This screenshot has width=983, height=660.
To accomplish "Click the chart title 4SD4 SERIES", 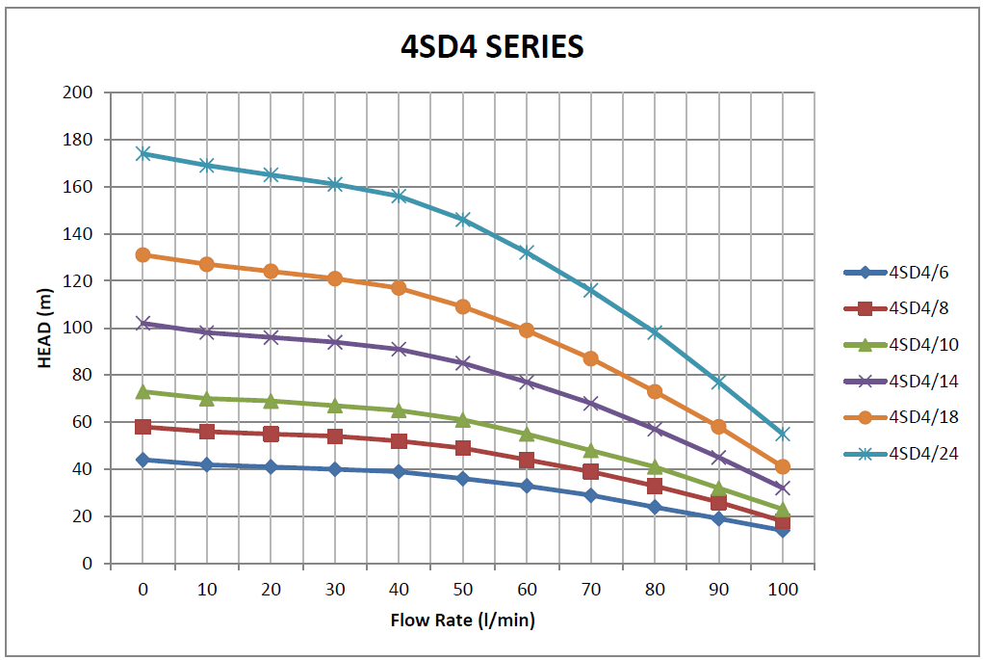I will [492, 46].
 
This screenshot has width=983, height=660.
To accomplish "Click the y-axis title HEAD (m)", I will [44, 327].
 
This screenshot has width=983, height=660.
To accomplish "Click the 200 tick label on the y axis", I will [79, 92].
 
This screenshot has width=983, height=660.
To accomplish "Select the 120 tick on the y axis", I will [79, 281].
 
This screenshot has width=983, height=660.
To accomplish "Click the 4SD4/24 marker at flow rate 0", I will [142, 153].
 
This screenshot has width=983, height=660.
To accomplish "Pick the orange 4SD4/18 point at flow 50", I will [462, 306].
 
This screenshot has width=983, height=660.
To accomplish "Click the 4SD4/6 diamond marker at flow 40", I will [399, 471].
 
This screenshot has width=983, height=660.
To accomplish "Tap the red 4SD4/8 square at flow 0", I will [142, 427].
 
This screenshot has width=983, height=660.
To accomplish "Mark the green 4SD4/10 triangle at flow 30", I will [334, 406].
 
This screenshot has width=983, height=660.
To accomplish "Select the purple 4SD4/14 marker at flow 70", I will [590, 403].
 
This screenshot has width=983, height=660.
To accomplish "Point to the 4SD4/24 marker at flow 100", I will [782, 434].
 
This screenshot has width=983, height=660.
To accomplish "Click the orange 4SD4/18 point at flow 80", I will [655, 391].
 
